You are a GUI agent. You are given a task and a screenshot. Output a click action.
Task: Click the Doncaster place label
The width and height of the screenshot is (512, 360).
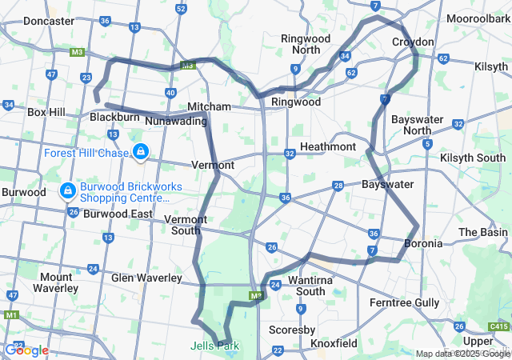[49, 22]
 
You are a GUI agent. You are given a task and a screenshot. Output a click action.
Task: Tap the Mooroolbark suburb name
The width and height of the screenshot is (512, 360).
[478, 18]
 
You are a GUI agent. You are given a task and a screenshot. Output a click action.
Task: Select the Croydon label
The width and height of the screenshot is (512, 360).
[413, 42]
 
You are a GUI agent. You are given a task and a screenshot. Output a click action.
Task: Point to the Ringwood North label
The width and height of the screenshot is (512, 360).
[300, 44]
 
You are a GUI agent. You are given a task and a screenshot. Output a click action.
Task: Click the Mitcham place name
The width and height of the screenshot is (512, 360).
[209, 106]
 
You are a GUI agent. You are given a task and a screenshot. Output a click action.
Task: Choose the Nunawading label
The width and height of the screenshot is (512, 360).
[175, 121]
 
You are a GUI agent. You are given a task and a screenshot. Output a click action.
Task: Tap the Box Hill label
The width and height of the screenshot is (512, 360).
[46, 113]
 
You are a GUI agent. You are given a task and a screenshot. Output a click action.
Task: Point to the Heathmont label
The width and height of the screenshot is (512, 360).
[327, 147]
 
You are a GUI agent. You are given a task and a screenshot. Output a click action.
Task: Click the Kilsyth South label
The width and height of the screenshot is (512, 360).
[476, 158]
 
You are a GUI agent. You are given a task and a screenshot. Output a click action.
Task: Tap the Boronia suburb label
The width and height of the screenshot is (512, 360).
[422, 243]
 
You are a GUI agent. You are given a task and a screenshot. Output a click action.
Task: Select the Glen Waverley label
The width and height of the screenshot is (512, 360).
[146, 278]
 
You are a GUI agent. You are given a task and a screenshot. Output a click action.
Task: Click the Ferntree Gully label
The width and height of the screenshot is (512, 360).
[404, 302]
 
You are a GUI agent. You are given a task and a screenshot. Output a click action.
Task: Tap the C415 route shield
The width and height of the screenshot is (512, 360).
[498, 326]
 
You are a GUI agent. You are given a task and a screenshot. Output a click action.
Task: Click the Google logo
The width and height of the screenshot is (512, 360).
[26, 350]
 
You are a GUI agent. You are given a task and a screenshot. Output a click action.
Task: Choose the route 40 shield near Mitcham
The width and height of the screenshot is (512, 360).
[171, 94]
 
